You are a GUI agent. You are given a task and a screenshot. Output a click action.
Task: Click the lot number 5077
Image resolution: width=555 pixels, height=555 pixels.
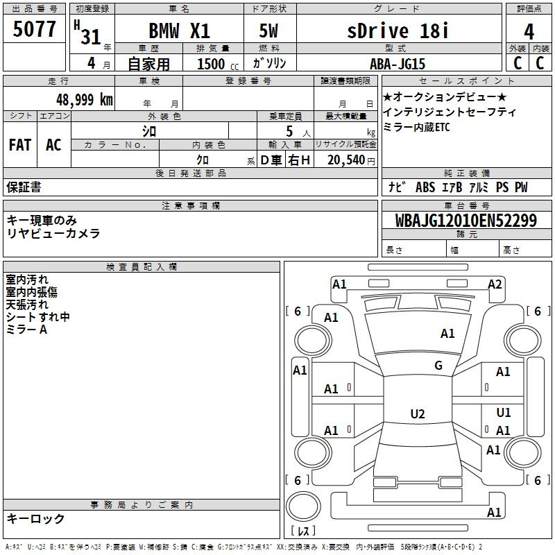point(34,29)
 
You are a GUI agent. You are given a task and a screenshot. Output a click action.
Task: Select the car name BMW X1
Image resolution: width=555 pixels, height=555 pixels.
point(179,31)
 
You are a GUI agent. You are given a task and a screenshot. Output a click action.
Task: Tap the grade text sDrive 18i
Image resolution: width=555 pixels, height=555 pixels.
point(398,31)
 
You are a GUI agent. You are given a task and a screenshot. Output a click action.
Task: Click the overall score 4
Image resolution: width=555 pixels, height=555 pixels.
point(529,32)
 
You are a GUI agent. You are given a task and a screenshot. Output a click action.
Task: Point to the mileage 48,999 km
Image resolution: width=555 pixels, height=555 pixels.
point(85,100)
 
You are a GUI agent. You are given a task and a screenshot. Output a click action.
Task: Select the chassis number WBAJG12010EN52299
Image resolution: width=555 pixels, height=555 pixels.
point(466,221)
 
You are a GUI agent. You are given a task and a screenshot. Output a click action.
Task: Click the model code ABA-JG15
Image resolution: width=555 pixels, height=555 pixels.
point(398,64)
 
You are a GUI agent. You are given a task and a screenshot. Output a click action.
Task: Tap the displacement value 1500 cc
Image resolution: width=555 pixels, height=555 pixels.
point(218,65)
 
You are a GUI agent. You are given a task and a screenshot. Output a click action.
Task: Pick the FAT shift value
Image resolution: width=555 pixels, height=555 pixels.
point(20,145)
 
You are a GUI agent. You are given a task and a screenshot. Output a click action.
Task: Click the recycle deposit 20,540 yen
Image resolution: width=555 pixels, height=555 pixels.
point(351,160)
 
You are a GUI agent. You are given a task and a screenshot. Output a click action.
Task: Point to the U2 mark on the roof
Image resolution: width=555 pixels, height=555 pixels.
point(418,413)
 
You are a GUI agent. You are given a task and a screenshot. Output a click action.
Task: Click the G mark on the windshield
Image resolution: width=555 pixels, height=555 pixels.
point(438,366)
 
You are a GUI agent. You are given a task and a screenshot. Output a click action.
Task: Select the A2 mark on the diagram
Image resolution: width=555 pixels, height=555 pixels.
point(495,284)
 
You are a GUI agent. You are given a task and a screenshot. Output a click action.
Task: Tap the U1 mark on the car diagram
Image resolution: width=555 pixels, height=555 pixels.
point(504,412)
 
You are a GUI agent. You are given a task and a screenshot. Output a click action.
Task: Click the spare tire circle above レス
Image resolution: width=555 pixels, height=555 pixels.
point(303,506)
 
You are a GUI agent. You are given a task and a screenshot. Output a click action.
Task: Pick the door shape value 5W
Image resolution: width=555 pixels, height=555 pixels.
point(268,31)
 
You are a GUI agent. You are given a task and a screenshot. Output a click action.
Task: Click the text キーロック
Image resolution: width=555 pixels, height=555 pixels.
point(35,518)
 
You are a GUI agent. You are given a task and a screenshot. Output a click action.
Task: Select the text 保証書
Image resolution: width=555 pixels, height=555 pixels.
point(24,187)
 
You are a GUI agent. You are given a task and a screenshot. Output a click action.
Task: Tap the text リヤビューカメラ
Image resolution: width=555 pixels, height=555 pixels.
point(53,234)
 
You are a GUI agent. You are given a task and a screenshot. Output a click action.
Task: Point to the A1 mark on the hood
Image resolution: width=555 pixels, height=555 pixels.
point(447,334)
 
